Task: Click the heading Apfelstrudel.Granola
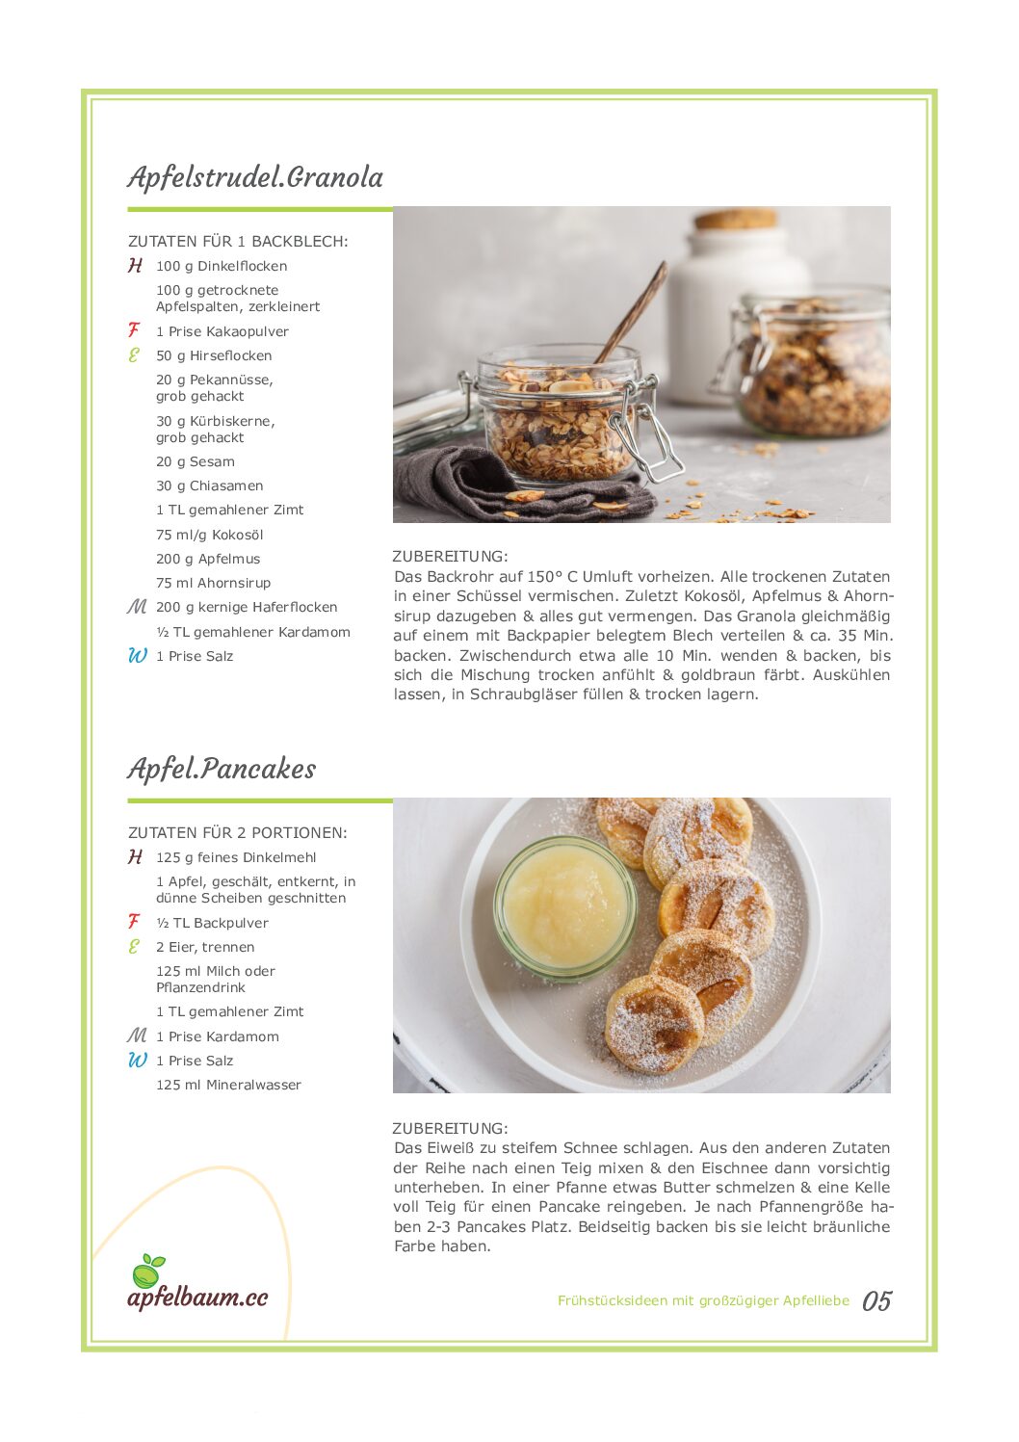(x=255, y=177)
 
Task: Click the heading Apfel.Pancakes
(x=222, y=769)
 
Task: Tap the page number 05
(x=876, y=1301)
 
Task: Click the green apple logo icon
(x=147, y=1272)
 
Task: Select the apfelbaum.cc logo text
(x=197, y=1298)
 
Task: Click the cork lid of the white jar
(x=735, y=219)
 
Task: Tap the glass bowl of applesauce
(x=564, y=906)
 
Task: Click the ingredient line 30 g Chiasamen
(x=209, y=486)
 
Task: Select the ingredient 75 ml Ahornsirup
(x=213, y=583)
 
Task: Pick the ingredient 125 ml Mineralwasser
(x=228, y=1085)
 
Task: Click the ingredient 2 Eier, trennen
(x=205, y=947)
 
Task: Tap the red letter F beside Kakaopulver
(x=134, y=330)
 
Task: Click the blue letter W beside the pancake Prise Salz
(x=138, y=1061)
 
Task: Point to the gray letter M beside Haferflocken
(x=137, y=607)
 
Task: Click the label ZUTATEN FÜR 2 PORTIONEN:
(x=237, y=832)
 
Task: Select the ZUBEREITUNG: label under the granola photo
(x=449, y=556)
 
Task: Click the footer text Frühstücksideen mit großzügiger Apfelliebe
(x=703, y=1300)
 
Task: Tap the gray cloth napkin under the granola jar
(x=453, y=482)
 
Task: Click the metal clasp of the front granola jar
(x=648, y=433)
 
